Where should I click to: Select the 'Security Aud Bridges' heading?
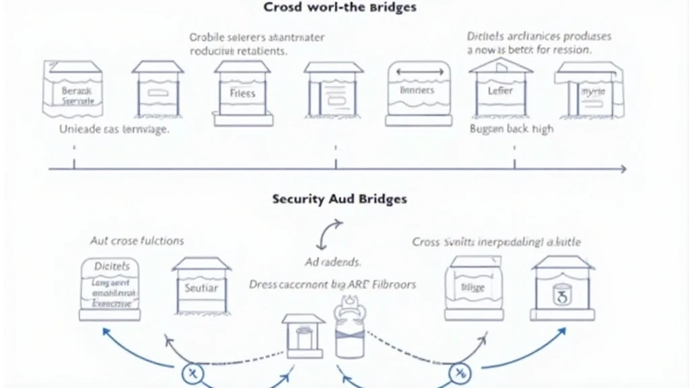(x=339, y=199)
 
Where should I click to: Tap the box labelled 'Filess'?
(x=243, y=94)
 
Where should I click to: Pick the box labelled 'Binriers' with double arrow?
(x=417, y=93)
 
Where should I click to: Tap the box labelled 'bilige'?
(x=473, y=288)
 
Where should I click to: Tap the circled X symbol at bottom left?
(x=192, y=373)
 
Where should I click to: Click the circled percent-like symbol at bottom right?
(x=460, y=373)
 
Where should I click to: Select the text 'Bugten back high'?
(x=511, y=129)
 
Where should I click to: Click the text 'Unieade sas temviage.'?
(x=114, y=129)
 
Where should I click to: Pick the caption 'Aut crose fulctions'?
(x=137, y=240)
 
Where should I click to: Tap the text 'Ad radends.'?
(x=332, y=262)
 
